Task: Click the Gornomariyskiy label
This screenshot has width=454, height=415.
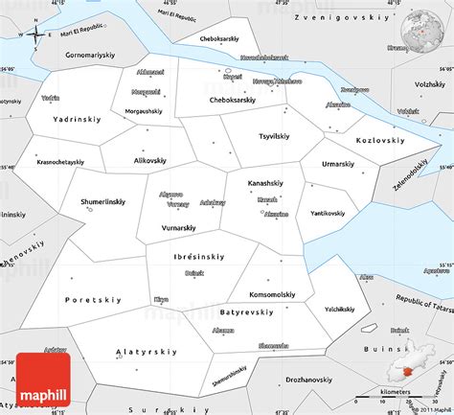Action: click(83, 57)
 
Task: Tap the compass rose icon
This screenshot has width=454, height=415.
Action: click(35, 35)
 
